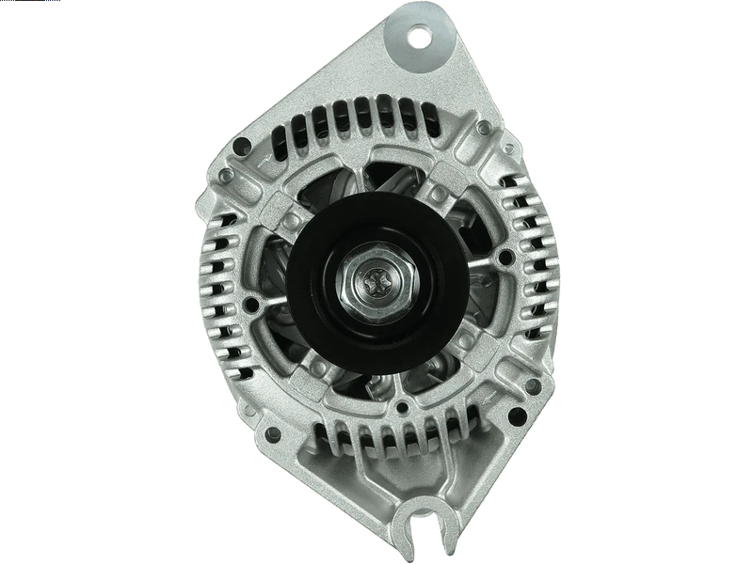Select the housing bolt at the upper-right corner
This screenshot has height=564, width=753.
click(x=484, y=127)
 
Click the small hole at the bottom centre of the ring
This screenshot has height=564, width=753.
click(x=403, y=406)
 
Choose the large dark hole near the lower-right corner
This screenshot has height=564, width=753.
click(x=513, y=415)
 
